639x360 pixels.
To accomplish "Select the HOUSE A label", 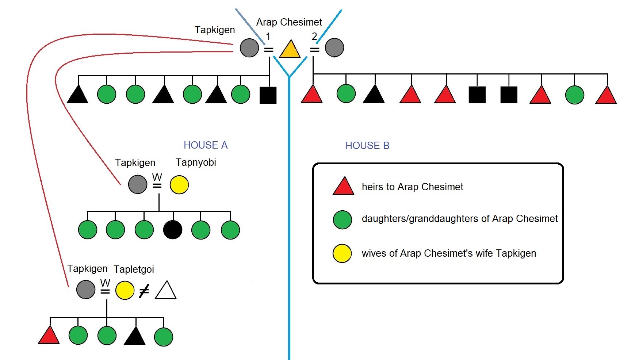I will coord(206,145).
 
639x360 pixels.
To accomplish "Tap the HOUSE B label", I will coord(367,146).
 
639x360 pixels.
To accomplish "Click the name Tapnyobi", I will coord(196,162).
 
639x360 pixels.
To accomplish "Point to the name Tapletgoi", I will coord(134,269).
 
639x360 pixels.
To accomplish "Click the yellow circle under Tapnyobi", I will coord(179,185).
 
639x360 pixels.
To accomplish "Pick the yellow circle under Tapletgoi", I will coord(125,290).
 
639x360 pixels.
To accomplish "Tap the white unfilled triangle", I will coord(166,291).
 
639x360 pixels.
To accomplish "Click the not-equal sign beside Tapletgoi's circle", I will coord(144,291).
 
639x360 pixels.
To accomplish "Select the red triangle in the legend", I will coord(343,187).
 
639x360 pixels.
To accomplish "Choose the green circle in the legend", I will coord(343,220).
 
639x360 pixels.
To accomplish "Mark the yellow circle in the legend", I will coord(342,253).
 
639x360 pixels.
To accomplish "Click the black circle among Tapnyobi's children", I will coord(173,230).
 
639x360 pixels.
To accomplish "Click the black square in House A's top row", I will coord(268,95).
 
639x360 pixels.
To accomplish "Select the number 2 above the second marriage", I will coord(314,36).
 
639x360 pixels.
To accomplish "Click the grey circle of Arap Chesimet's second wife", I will coord(334,48).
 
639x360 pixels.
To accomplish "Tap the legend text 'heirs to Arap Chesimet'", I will coord(412,187).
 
